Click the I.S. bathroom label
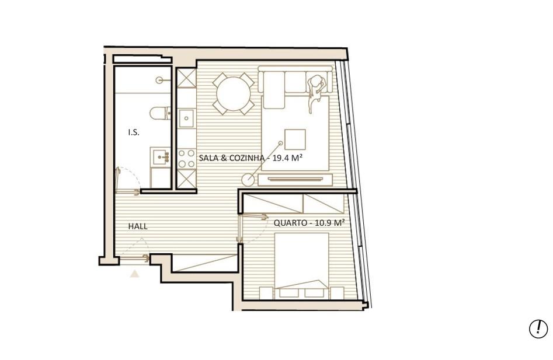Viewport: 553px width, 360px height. pos(134,133)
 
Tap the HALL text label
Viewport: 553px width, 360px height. pos(138,226)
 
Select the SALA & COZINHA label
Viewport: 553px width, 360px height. pos(231,158)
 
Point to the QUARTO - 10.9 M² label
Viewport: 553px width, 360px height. pos(309,223)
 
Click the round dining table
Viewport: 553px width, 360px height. pos(234,94)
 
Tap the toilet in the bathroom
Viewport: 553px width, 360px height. pos(161,113)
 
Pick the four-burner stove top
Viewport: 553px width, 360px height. pos(186,159)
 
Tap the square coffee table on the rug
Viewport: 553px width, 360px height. pos(295,139)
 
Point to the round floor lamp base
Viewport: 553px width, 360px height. pos(248,180)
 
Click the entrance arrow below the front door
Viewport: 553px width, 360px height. pos(134,274)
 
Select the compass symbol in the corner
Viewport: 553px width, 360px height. pos(538,328)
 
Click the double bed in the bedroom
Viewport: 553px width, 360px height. pos(301,265)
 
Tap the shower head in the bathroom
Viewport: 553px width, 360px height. pos(159,81)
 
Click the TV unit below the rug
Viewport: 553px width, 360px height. pos(295,180)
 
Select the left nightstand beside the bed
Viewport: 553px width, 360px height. pos(266,293)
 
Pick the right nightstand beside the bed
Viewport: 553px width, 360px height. pos(337,293)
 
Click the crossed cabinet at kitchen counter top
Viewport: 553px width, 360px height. pos(186,78)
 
